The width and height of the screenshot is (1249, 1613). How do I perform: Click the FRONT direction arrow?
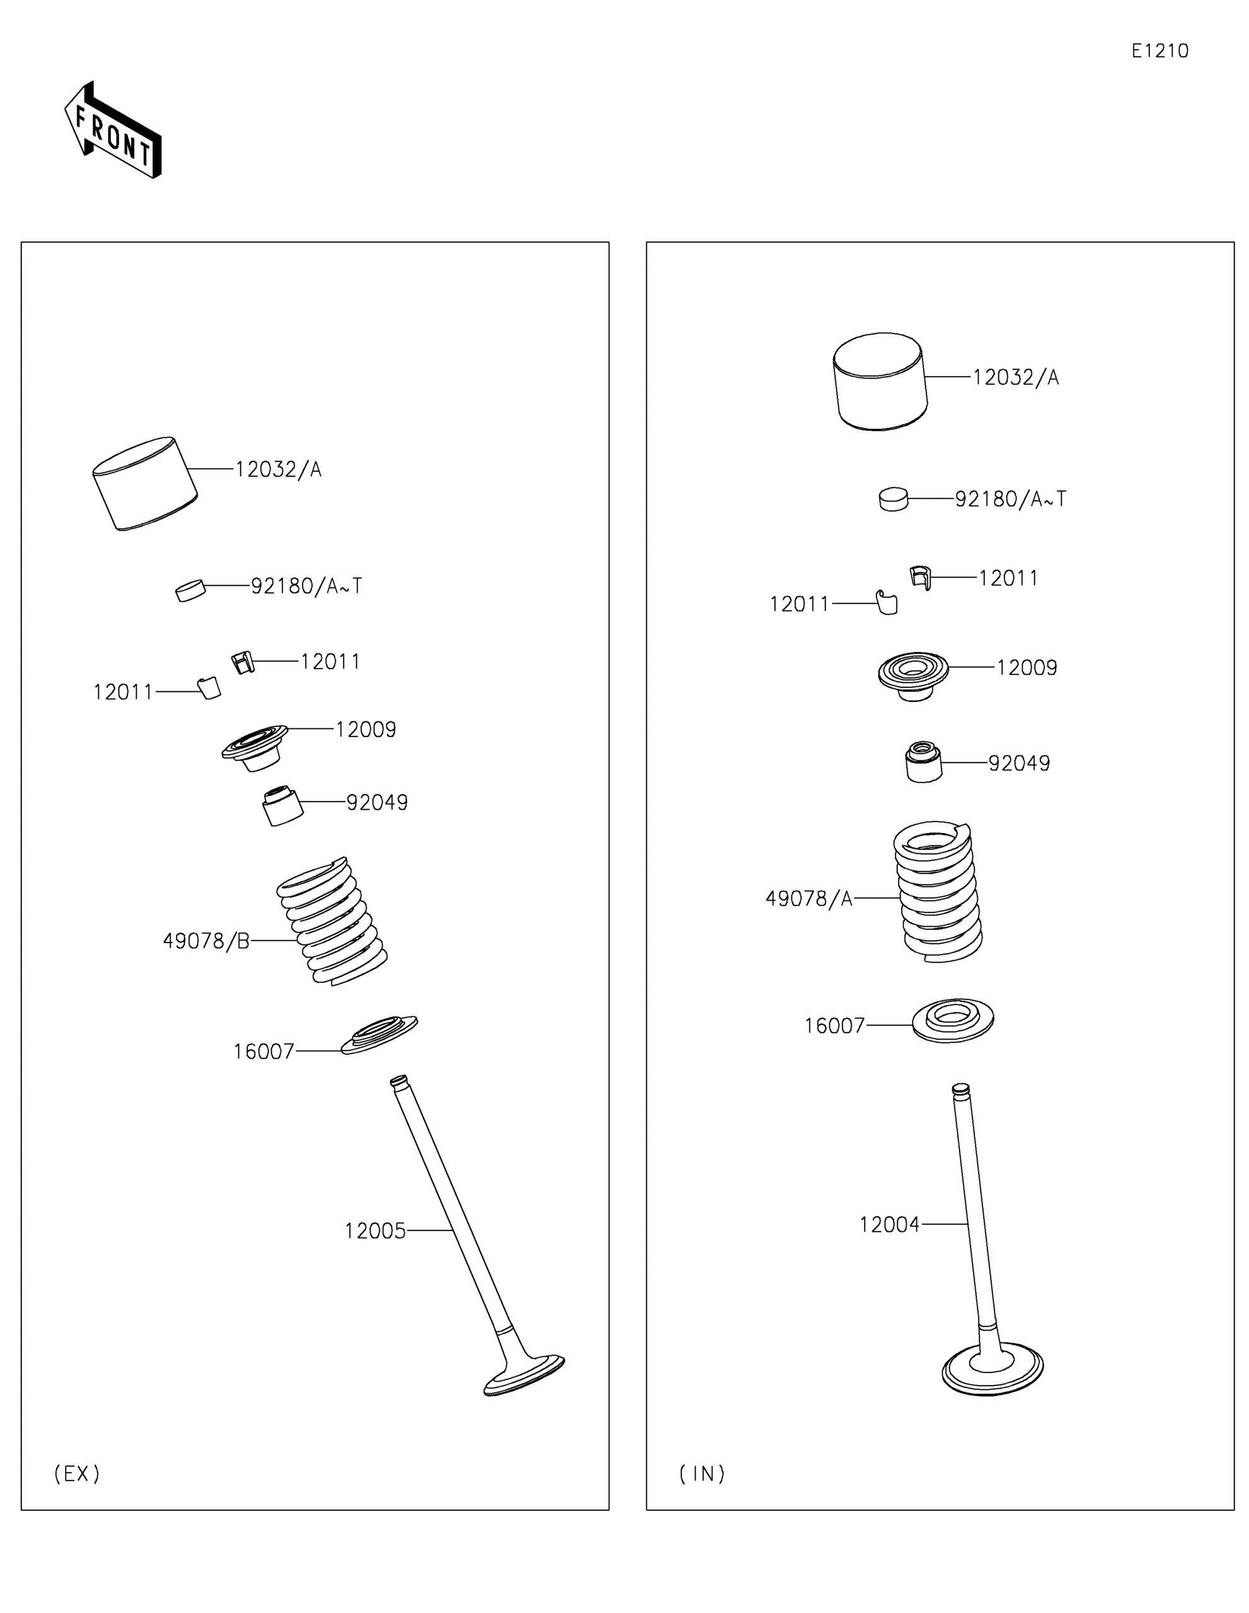pyautogui.click(x=112, y=130)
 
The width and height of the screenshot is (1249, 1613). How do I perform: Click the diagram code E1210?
pyautogui.click(x=1160, y=51)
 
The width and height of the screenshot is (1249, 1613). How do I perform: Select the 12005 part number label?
pyautogui.click(x=375, y=1231)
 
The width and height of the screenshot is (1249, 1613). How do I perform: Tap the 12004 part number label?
pyautogui.click(x=889, y=1224)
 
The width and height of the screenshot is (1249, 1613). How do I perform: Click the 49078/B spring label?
pyautogui.click(x=206, y=941)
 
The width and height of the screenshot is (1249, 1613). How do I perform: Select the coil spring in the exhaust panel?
pyautogui.click(x=331, y=922)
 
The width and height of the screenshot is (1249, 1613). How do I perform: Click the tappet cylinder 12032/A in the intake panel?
pyautogui.click(x=880, y=381)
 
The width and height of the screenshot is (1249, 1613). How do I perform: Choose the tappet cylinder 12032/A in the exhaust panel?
pyautogui.click(x=145, y=484)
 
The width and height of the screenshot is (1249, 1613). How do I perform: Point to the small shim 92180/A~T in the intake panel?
pyautogui.click(x=893, y=499)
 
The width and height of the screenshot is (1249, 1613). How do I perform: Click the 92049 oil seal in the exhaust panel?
pyautogui.click(x=283, y=806)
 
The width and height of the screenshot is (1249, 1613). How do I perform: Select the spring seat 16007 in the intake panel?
pyautogui.click(x=953, y=1020)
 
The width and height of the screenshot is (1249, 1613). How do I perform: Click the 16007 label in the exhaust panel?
pyautogui.click(x=263, y=1052)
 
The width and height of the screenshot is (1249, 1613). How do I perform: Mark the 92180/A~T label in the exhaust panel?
pyautogui.click(x=306, y=586)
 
